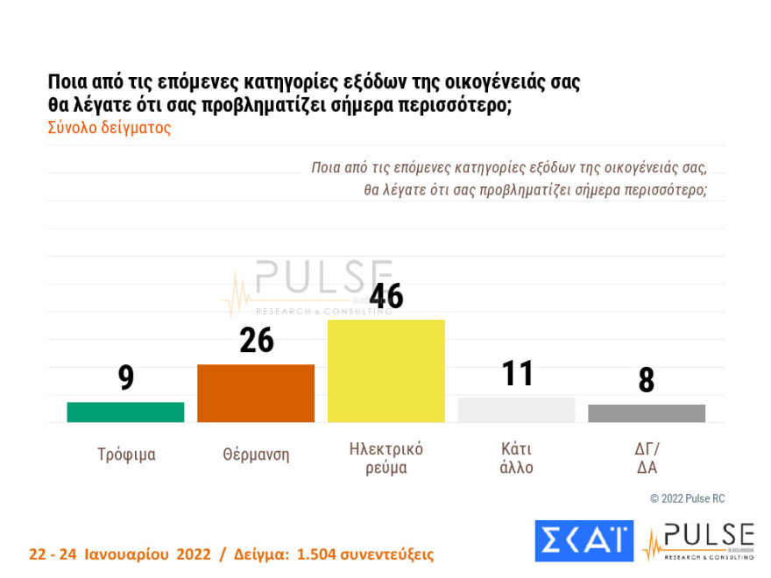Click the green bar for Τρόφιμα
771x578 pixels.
[125, 412]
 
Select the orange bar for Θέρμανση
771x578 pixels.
[256, 393]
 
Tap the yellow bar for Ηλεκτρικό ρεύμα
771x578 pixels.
[386, 370]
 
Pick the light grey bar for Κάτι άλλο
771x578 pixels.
[516, 410]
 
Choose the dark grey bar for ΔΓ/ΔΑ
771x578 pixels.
[647, 413]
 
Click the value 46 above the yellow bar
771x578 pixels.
[386, 296]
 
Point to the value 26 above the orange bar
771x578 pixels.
[256, 341]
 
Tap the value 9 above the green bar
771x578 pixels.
[126, 377]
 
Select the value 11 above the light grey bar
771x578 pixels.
[517, 374]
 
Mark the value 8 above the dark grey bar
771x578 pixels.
[647, 380]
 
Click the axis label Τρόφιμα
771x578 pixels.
[126, 455]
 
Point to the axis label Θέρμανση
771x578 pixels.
[256, 455]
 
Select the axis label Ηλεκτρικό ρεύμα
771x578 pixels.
[386, 458]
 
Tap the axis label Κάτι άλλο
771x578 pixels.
[516, 458]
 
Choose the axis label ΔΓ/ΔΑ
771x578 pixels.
[647, 458]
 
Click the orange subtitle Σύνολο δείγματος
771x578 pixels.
[109, 128]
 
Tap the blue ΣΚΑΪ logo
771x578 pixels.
[584, 540]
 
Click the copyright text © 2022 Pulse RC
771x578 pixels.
[687, 498]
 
